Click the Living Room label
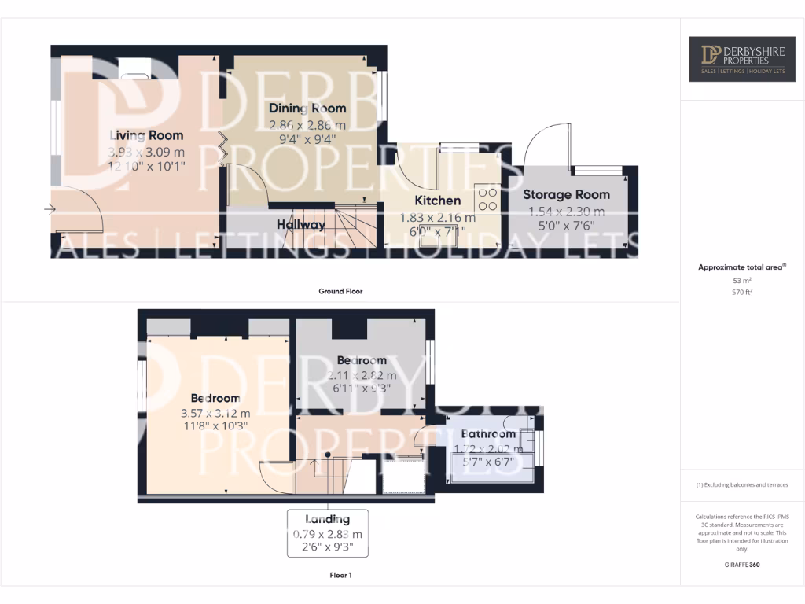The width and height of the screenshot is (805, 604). [146, 135]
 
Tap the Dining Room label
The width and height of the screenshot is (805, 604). [307, 108]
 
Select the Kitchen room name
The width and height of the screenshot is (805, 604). [437, 201]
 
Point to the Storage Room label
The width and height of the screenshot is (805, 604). [566, 194]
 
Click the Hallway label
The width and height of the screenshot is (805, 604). [300, 225]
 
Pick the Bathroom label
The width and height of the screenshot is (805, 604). [488, 433]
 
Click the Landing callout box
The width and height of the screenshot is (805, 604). [327, 533]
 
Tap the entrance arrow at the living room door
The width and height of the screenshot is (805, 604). [50, 209]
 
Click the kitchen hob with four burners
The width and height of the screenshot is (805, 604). [487, 198]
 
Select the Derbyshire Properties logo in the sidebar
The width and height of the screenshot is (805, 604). [742, 59]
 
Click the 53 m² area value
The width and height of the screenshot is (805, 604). [742, 280]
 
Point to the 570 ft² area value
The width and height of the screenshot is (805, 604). [742, 292]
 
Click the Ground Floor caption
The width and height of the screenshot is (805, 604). [340, 291]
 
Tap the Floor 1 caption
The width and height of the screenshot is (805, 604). [340, 576]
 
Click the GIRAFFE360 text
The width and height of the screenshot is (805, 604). [742, 565]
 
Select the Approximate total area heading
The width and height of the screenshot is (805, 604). [741, 267]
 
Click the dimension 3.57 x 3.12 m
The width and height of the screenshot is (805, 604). [215, 413]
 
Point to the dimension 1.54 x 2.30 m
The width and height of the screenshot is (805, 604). [566, 211]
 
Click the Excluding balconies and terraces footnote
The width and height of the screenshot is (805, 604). [742, 485]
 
